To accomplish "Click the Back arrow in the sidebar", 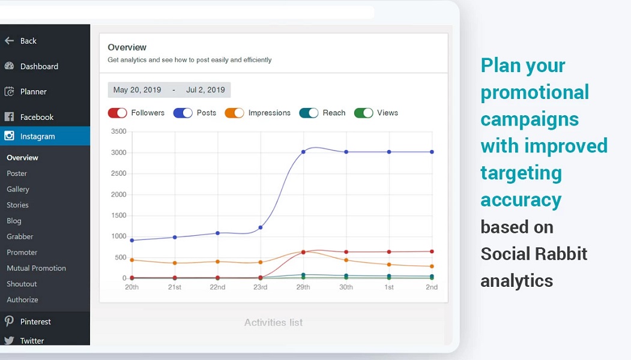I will [9, 41].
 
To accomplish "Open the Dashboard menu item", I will [39, 67].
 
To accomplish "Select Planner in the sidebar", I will [33, 92].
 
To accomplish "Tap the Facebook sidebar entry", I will [37, 117].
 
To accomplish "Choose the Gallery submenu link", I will [18, 189].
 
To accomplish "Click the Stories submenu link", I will [17, 205].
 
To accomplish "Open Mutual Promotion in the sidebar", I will [36, 268].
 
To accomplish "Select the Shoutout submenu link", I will [22, 284].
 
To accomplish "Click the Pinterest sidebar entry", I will [35, 322].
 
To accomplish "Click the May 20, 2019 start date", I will [137, 90].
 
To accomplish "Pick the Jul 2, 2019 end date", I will [205, 90].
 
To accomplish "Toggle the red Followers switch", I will [118, 113].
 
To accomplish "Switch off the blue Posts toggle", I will [183, 113].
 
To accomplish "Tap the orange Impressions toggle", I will [235, 113].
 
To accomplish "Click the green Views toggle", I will [364, 113].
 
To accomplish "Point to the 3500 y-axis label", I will [119, 131].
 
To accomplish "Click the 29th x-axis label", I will [303, 287].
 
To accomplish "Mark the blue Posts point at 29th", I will [303, 152].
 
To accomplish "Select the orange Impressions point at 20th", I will [131, 260].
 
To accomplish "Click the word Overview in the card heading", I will [127, 47].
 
